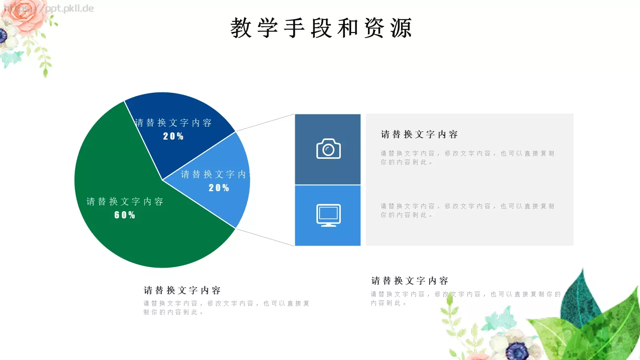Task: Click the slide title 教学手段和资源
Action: click(321, 28)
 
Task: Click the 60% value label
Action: click(125, 215)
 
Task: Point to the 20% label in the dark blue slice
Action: click(173, 136)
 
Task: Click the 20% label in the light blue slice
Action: click(219, 188)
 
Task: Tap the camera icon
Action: click(328, 149)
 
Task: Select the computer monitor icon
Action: click(328, 215)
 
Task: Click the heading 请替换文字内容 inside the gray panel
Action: click(419, 134)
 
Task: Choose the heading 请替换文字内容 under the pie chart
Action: click(182, 290)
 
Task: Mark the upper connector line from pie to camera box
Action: click(265, 123)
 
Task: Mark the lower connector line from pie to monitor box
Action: click(265, 237)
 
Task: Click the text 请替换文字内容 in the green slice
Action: click(125, 202)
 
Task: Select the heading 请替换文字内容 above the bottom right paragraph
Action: click(410, 281)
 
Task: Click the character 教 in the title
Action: click(241, 28)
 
